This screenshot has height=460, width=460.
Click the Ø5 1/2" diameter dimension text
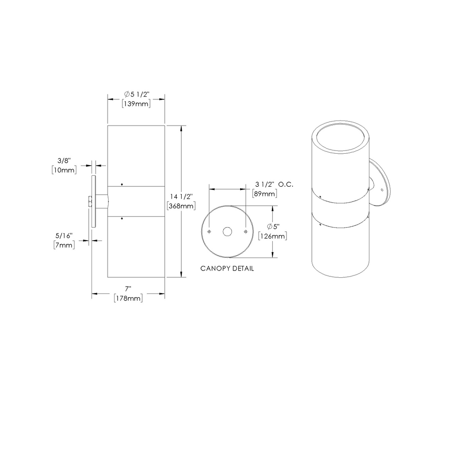pyautogui.click(x=136, y=94)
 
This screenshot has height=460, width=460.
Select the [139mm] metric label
pyautogui.click(x=136, y=104)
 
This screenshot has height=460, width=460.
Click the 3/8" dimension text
pyautogui.click(x=64, y=161)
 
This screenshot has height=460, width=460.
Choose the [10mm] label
pyautogui.click(x=64, y=170)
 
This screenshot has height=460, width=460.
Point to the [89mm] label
pyautogui.click(x=265, y=194)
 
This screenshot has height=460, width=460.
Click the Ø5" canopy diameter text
pyautogui.click(x=274, y=226)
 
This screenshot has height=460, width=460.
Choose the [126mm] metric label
pyautogui.click(x=274, y=236)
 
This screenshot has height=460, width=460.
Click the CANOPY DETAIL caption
pyautogui.click(x=227, y=269)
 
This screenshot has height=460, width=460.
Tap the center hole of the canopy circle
pyautogui.click(x=227, y=232)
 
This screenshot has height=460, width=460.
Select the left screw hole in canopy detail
pyautogui.click(x=209, y=231)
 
